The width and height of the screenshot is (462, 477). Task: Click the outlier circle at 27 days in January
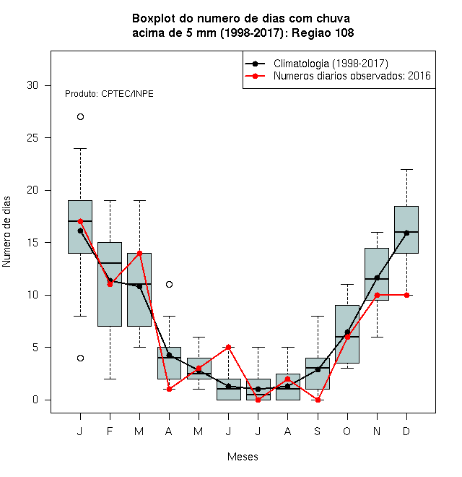80,117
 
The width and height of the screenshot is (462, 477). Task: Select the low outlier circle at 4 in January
80,358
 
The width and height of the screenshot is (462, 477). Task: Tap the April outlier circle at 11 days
170,285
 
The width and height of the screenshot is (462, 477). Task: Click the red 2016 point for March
139,253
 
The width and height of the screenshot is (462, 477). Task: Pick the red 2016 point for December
406,295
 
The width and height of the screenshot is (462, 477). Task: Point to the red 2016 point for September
318,400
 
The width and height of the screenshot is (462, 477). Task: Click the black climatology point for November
378,278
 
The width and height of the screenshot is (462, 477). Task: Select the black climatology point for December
406,233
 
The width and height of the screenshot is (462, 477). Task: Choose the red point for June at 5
229,347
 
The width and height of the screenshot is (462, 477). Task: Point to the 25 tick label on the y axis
32,138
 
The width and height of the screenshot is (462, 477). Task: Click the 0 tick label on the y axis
35,400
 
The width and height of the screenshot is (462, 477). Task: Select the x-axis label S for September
318,431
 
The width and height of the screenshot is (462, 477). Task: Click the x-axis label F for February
110,431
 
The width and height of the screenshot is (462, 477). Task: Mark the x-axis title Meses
243,457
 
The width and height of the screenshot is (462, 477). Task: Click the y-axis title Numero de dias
6,232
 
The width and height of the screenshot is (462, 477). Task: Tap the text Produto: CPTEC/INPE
109,94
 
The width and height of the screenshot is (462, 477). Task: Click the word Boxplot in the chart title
154,19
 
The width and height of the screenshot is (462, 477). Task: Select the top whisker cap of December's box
406,169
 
